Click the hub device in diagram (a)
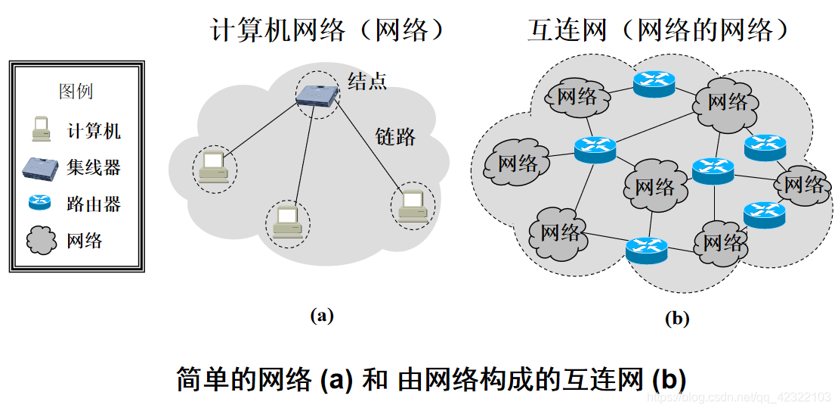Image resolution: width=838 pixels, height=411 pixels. (x=317, y=95)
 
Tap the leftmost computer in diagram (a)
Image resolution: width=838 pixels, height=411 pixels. (x=214, y=168)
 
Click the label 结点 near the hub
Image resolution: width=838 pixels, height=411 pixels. (x=367, y=81)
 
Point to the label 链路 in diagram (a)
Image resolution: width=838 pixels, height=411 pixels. (x=395, y=137)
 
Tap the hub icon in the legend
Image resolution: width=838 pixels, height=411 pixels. (x=40, y=167)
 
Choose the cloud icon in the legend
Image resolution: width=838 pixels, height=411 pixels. (x=42, y=240)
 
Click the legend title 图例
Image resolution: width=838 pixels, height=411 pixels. (x=76, y=92)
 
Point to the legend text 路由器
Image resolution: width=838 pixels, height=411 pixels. (x=93, y=204)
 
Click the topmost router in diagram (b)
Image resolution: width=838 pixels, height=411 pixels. (x=654, y=83)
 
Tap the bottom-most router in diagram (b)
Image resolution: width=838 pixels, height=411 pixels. (x=647, y=249)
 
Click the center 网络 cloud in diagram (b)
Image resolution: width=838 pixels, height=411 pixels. (x=654, y=185)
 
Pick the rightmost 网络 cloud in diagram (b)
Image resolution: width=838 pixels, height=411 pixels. (x=802, y=184)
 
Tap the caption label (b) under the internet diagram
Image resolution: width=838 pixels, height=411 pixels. (x=676, y=319)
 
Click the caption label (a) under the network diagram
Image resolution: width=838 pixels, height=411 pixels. (x=322, y=316)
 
